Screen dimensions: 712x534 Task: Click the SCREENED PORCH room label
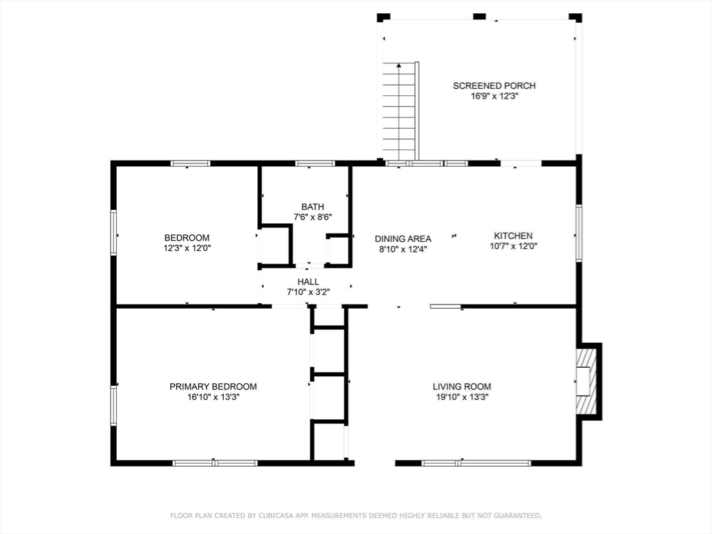coord(494,86)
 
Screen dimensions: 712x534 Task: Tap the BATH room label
coord(312,207)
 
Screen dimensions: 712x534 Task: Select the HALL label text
coord(308,282)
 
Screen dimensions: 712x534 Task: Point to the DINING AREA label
coord(403,238)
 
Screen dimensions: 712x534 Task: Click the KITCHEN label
coord(513,236)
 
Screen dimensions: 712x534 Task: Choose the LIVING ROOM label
coord(462,387)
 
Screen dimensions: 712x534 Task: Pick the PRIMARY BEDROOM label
coord(213,387)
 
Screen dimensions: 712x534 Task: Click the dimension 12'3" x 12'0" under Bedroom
coord(187,248)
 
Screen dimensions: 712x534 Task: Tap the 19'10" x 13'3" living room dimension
coord(462,397)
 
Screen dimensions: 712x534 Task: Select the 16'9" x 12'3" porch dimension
coord(494,96)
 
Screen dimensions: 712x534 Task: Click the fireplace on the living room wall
coord(589,382)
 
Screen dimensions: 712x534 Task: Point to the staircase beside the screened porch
coord(399,111)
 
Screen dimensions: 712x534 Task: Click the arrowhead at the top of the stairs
coord(398,65)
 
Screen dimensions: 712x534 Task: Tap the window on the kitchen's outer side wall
coord(579,233)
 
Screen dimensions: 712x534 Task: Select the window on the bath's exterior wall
coord(315,163)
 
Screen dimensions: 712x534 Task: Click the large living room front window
coord(476,463)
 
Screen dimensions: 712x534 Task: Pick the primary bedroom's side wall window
coord(113,405)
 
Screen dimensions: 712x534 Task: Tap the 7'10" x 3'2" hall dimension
coord(308,292)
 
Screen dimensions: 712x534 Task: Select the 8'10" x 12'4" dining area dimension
coord(403,249)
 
